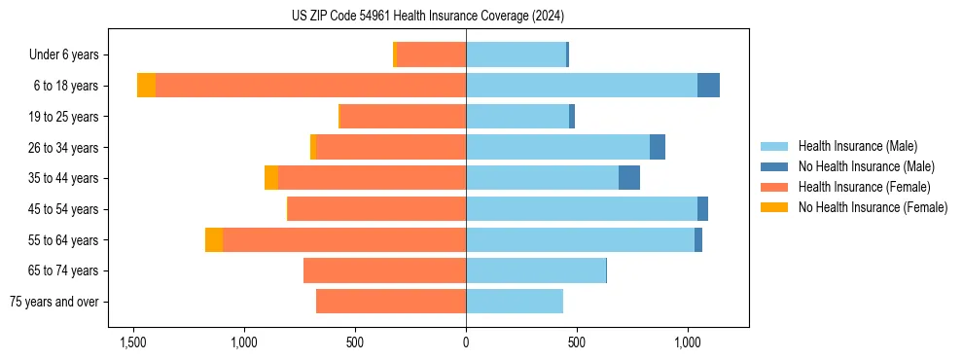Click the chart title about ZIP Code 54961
tap(427, 17)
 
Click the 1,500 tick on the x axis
tap(132, 342)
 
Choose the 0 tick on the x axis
tap(466, 342)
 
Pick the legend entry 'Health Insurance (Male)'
tap(857, 146)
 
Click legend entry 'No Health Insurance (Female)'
tap(873, 207)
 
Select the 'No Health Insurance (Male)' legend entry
tap(866, 166)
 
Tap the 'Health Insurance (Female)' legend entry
tap(864, 187)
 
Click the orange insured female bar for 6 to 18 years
tap(310, 86)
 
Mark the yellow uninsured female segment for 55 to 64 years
tap(214, 239)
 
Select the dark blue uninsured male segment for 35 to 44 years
tap(629, 178)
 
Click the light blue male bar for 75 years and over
tap(515, 302)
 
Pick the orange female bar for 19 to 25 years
tap(402, 117)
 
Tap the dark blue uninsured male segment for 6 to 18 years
tap(708, 86)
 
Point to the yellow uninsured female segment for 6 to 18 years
tap(146, 86)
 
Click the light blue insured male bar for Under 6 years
tap(516, 54)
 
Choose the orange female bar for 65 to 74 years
tap(384, 270)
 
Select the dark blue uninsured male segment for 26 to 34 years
tap(658, 147)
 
